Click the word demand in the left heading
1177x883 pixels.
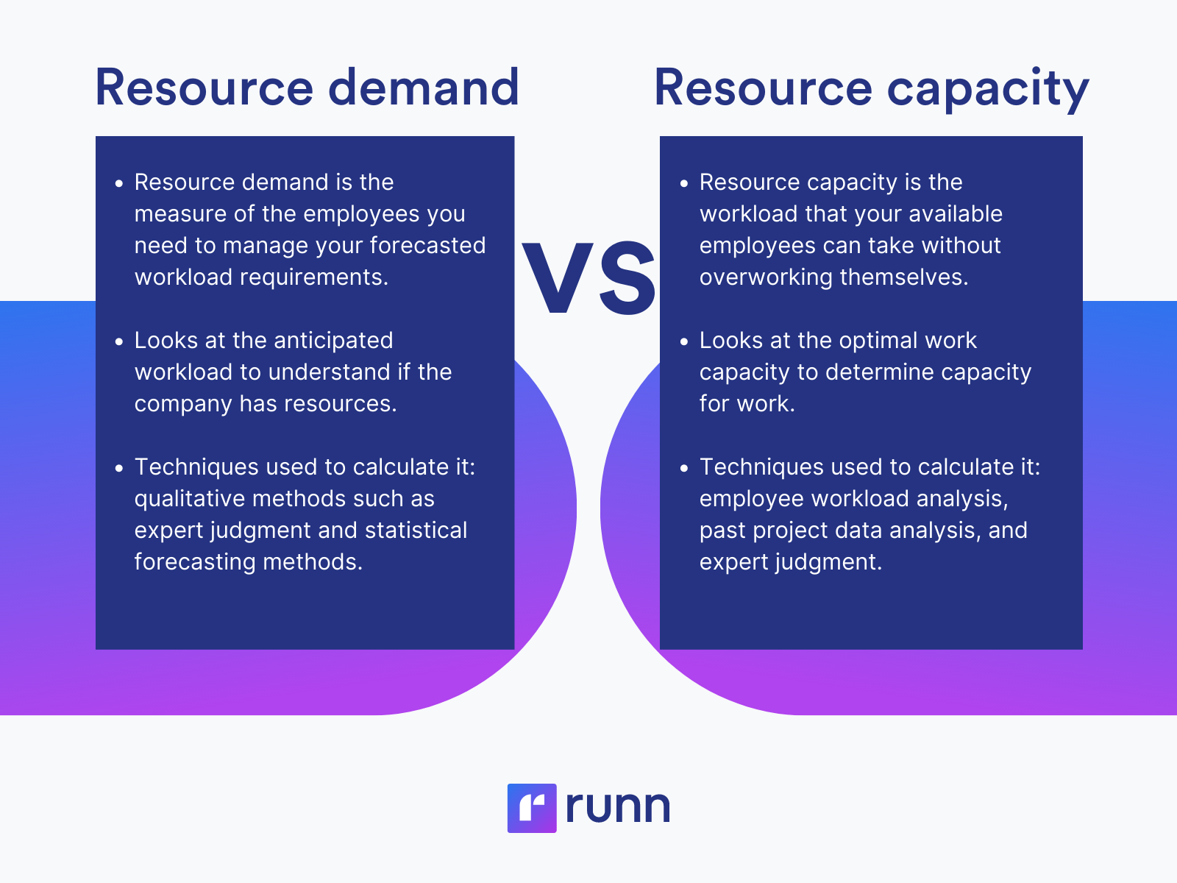[x=424, y=88]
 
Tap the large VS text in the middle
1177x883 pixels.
[x=589, y=280]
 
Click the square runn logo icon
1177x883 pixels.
[x=531, y=808]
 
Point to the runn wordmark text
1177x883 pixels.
[x=618, y=807]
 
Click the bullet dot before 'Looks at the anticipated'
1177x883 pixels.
[x=119, y=341]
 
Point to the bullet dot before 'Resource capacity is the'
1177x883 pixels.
[x=684, y=183]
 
